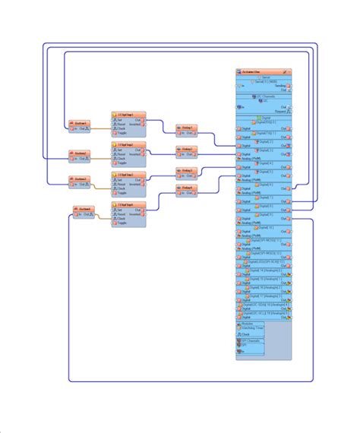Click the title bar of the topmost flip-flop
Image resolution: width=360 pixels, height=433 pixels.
(128, 114)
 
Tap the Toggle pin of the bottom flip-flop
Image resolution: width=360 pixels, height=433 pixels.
(122, 223)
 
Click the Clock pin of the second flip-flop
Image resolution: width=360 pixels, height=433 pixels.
(122, 158)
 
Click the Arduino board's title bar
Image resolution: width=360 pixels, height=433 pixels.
(263, 71)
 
